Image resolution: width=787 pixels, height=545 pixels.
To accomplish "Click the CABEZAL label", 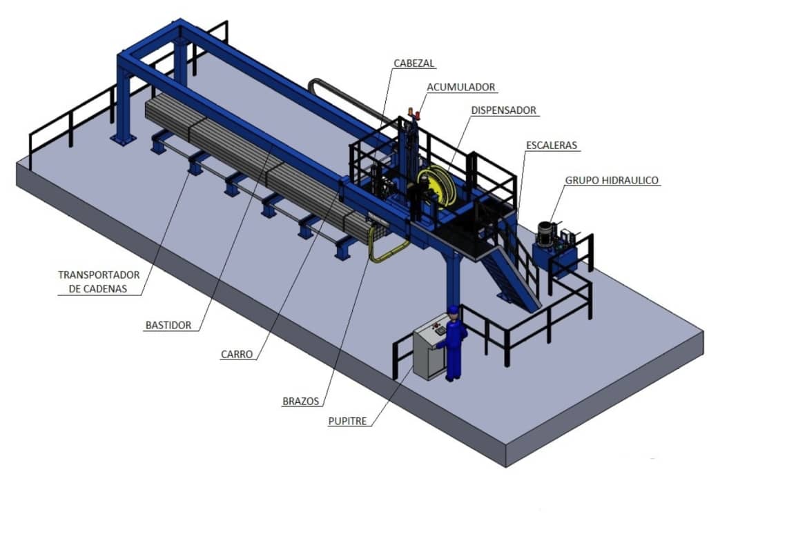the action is click(414, 63).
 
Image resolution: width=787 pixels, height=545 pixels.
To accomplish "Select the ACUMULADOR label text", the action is click(460, 87).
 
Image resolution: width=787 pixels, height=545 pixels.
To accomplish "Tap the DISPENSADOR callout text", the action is click(503, 110).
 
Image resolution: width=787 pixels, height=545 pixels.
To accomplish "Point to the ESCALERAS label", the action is click(551, 146).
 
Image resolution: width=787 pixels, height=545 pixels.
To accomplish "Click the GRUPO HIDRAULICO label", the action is click(612, 181).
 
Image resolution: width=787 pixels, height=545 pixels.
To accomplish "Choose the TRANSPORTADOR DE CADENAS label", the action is click(98, 281).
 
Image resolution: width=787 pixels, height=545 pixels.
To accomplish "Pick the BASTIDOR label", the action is click(168, 326).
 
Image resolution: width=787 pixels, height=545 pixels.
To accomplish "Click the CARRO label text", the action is click(236, 355).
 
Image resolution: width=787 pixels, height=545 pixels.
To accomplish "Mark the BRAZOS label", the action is click(300, 402).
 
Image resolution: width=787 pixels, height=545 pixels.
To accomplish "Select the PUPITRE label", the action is click(347, 422).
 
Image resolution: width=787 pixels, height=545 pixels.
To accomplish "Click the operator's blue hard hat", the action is click(454, 309).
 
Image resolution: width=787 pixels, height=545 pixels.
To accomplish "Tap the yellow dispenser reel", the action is click(436, 186).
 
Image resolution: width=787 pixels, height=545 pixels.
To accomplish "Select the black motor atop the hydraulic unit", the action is click(545, 234).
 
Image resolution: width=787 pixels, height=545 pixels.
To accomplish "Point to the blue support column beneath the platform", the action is click(453, 281).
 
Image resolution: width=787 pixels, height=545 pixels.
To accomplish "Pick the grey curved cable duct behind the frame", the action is click(347, 99).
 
